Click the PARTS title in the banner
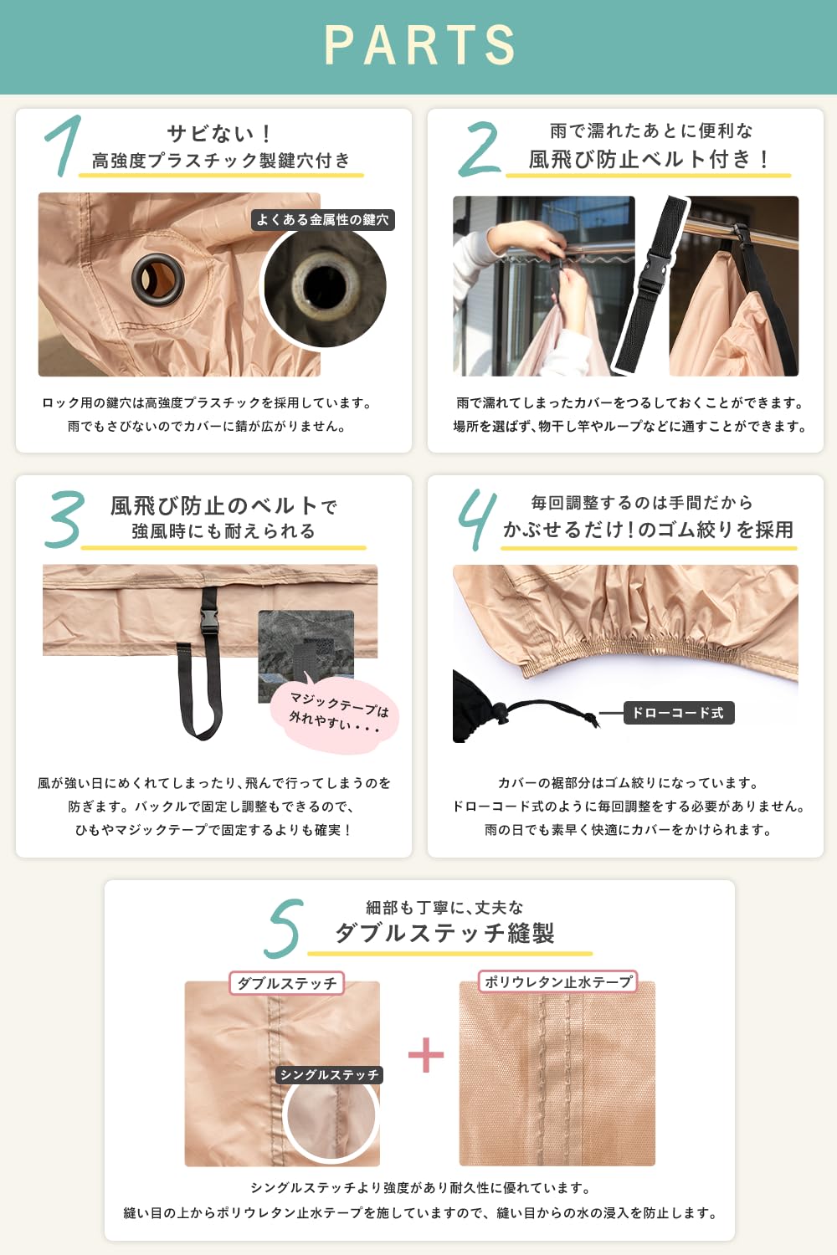tap(419, 44)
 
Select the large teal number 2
tap(479, 149)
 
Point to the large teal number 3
tap(64, 519)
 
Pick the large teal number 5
tap(285, 928)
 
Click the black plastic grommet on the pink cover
tap(157, 279)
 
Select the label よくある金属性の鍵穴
tap(322, 219)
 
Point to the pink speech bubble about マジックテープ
tap(335, 715)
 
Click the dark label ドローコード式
tap(678, 713)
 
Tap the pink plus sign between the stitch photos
tap(426, 1054)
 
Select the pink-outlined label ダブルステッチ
tap(286, 983)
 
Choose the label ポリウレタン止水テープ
tap(557, 981)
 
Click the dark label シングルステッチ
tap(329, 1074)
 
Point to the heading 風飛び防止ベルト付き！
tap(649, 159)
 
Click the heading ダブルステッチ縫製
tap(444, 934)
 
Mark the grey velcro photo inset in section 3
tap(306, 655)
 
